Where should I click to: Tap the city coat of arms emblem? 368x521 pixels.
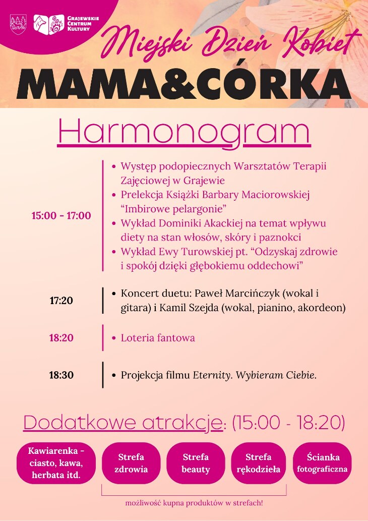click(x=18, y=23)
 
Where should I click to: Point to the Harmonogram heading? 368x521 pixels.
click(x=184, y=132)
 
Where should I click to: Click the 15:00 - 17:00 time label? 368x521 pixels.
click(x=61, y=216)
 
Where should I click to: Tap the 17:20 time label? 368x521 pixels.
click(x=61, y=301)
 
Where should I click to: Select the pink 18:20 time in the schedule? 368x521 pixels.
click(x=61, y=338)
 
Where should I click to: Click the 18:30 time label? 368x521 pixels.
click(x=61, y=375)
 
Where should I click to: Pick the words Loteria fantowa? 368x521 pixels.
click(x=158, y=338)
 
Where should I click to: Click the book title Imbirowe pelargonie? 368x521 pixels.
click(x=173, y=209)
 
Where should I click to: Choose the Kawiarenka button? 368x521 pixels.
click(x=56, y=463)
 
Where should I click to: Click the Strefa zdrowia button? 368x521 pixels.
click(x=131, y=463)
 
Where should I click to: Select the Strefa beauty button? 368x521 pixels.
click(x=196, y=463)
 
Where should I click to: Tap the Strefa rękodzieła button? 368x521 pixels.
click(x=259, y=463)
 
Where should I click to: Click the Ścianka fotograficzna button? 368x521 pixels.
click(x=323, y=463)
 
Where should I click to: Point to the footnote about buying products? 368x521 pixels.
click(x=194, y=503)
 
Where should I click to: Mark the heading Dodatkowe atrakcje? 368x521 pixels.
click(x=122, y=423)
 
